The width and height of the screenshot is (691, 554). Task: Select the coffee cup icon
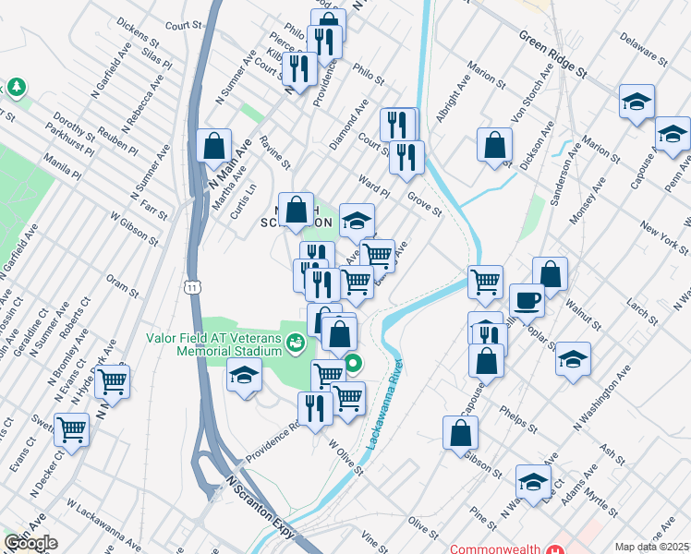[527, 301]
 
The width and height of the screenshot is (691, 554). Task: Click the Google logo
[30, 543]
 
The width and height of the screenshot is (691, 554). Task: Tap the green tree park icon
[17, 88]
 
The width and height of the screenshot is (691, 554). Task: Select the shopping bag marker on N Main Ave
[213, 147]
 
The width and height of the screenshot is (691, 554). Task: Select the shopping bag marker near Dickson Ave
[495, 145]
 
